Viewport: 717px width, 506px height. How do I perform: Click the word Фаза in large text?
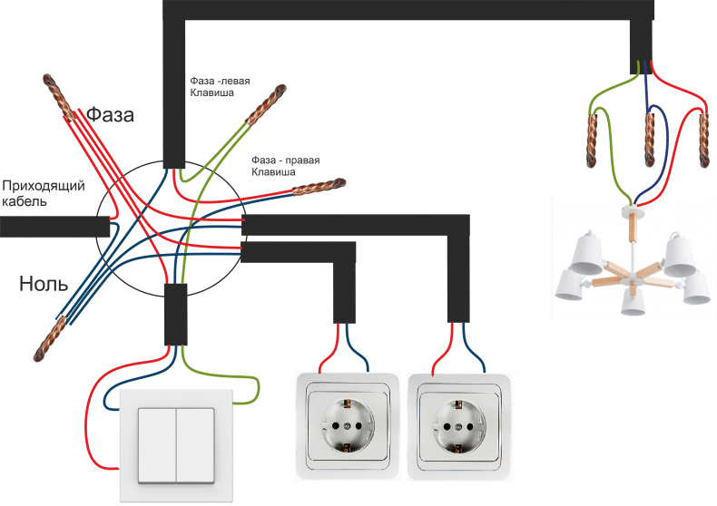click(110, 114)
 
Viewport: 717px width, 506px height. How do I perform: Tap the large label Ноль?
click(44, 284)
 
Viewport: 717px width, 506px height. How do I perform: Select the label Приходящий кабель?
click(44, 193)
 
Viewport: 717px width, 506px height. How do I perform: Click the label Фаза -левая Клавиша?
click(220, 87)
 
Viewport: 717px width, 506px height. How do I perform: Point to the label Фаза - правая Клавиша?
click(285, 166)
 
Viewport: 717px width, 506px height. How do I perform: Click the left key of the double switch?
click(157, 445)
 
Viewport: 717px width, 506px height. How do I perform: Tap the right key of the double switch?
click(195, 445)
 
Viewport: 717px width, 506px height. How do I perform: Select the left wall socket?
click(348, 426)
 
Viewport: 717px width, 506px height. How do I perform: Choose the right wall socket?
click(459, 426)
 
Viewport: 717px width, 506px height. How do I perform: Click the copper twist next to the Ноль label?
click(49, 338)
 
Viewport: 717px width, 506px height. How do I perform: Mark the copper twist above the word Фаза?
click(58, 98)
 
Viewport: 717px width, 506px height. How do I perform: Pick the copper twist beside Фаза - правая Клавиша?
click(319, 186)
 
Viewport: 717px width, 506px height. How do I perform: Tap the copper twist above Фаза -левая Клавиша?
click(266, 104)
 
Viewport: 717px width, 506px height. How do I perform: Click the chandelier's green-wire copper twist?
click(592, 140)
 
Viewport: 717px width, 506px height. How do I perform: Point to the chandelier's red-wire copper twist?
click(704, 140)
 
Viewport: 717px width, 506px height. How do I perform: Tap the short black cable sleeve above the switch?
click(175, 314)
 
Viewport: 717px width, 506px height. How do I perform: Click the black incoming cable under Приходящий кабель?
click(54, 227)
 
